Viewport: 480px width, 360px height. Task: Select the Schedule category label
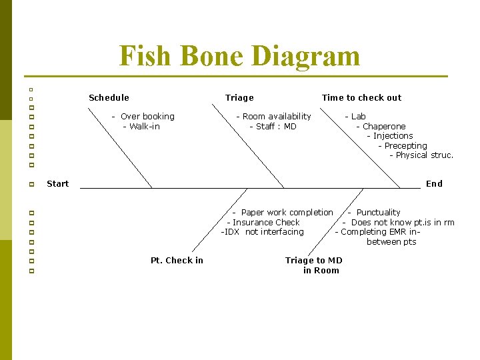[109, 98]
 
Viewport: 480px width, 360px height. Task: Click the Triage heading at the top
[239, 98]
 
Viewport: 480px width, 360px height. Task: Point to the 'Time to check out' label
[361, 98]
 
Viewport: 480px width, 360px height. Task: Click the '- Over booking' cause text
[143, 117]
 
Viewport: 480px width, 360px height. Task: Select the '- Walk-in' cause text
[141, 127]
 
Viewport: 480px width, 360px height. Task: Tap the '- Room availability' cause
[273, 117]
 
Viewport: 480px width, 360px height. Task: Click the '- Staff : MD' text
[273, 127]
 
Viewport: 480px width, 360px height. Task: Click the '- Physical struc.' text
[421, 155]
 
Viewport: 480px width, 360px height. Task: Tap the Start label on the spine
[57, 184]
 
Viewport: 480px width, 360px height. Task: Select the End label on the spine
[434, 184]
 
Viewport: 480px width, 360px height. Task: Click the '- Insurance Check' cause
[263, 223]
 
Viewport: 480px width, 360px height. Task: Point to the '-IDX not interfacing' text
[262, 232]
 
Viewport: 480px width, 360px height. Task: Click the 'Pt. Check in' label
[177, 261]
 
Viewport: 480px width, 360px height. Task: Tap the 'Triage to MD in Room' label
[314, 265]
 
